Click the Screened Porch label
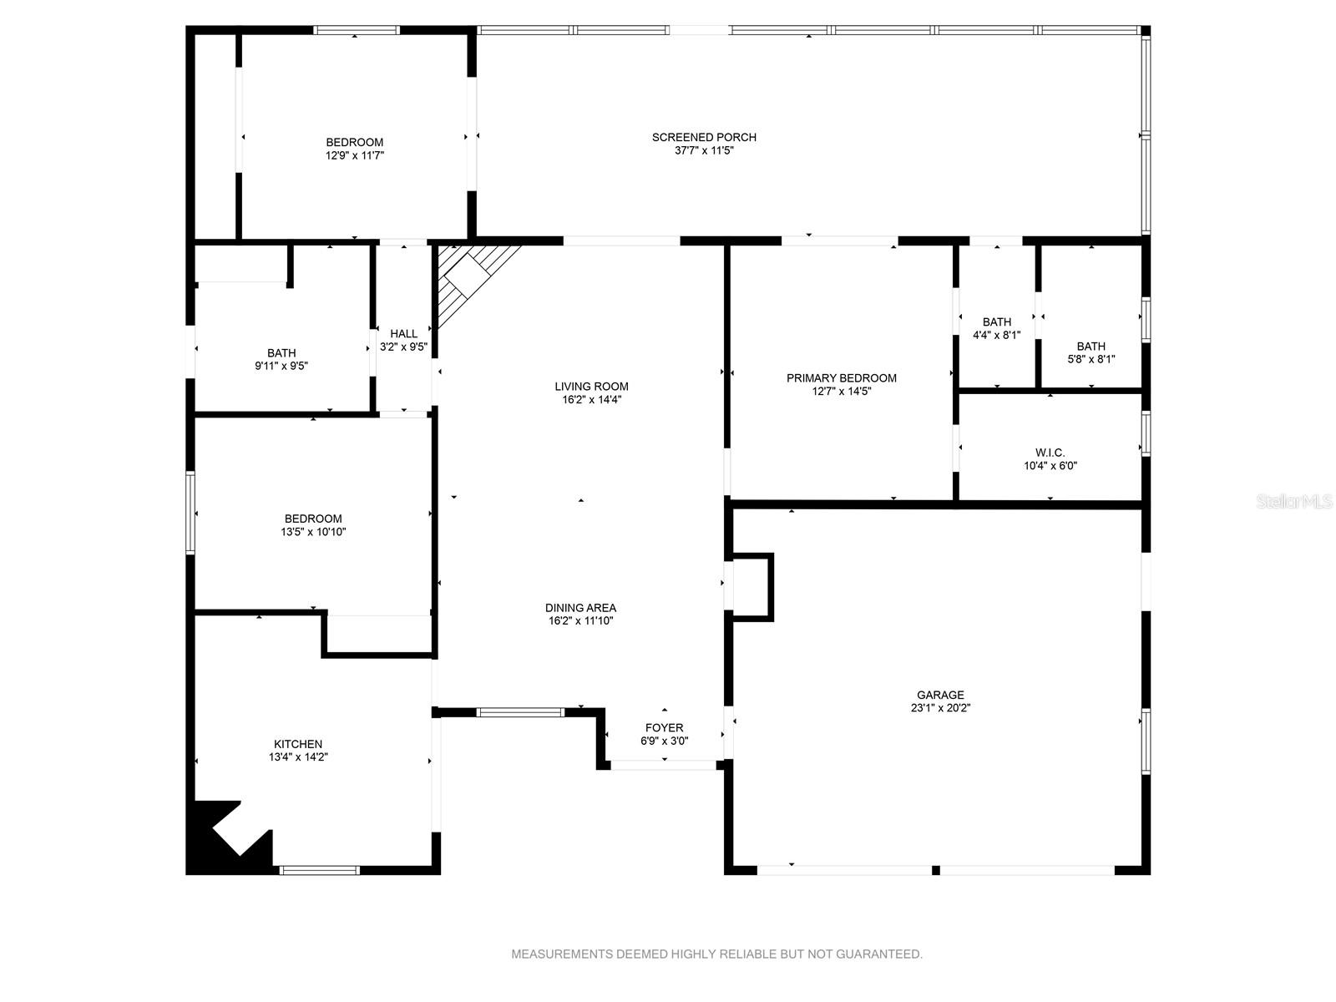coord(704,137)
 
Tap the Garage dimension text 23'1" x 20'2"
coord(940,708)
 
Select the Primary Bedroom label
coord(841,378)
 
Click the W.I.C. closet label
coord(1050,453)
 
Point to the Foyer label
coord(664,727)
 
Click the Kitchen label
coord(298,744)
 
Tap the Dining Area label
coord(580,608)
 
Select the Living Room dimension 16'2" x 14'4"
coord(591,399)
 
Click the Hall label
coord(403,334)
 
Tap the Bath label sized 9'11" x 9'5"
coord(281,353)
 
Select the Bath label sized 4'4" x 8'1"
coord(996,322)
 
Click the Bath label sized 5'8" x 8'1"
coord(1091,347)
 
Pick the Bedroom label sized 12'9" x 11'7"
coord(354,142)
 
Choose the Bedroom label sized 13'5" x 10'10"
coord(313,519)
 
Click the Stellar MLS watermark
coord(1294,502)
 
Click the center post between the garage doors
coord(935,870)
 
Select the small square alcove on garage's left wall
coord(751,586)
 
